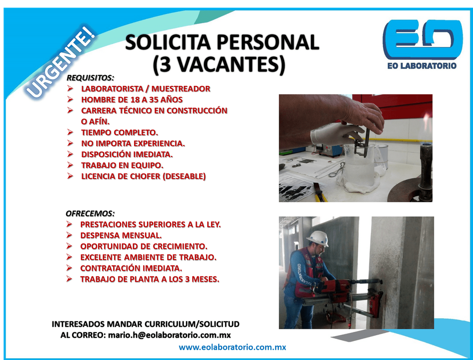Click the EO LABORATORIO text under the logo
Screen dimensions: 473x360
click(x=422, y=66)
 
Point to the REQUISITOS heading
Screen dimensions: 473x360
click(x=90, y=78)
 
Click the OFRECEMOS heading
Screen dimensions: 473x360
click(x=90, y=213)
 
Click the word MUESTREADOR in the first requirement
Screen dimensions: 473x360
click(x=181, y=89)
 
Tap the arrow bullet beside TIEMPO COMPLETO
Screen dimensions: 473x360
click(x=70, y=132)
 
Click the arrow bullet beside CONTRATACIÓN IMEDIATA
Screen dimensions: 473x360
click(x=69, y=268)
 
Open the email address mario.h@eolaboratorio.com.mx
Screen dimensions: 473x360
click(x=169, y=335)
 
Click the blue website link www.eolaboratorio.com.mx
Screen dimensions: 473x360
click(x=232, y=347)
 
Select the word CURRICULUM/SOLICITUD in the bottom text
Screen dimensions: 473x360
click(x=192, y=324)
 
